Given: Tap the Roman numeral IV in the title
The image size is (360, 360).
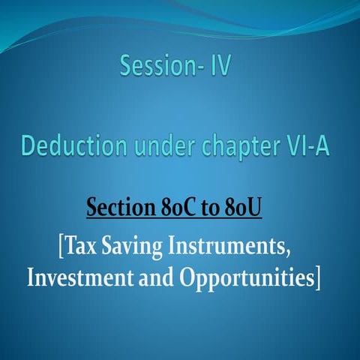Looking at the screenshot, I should tap(217, 67).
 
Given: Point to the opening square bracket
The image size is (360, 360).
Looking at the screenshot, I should tap(60, 247).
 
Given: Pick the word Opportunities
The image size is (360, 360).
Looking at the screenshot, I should tap(246, 277).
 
